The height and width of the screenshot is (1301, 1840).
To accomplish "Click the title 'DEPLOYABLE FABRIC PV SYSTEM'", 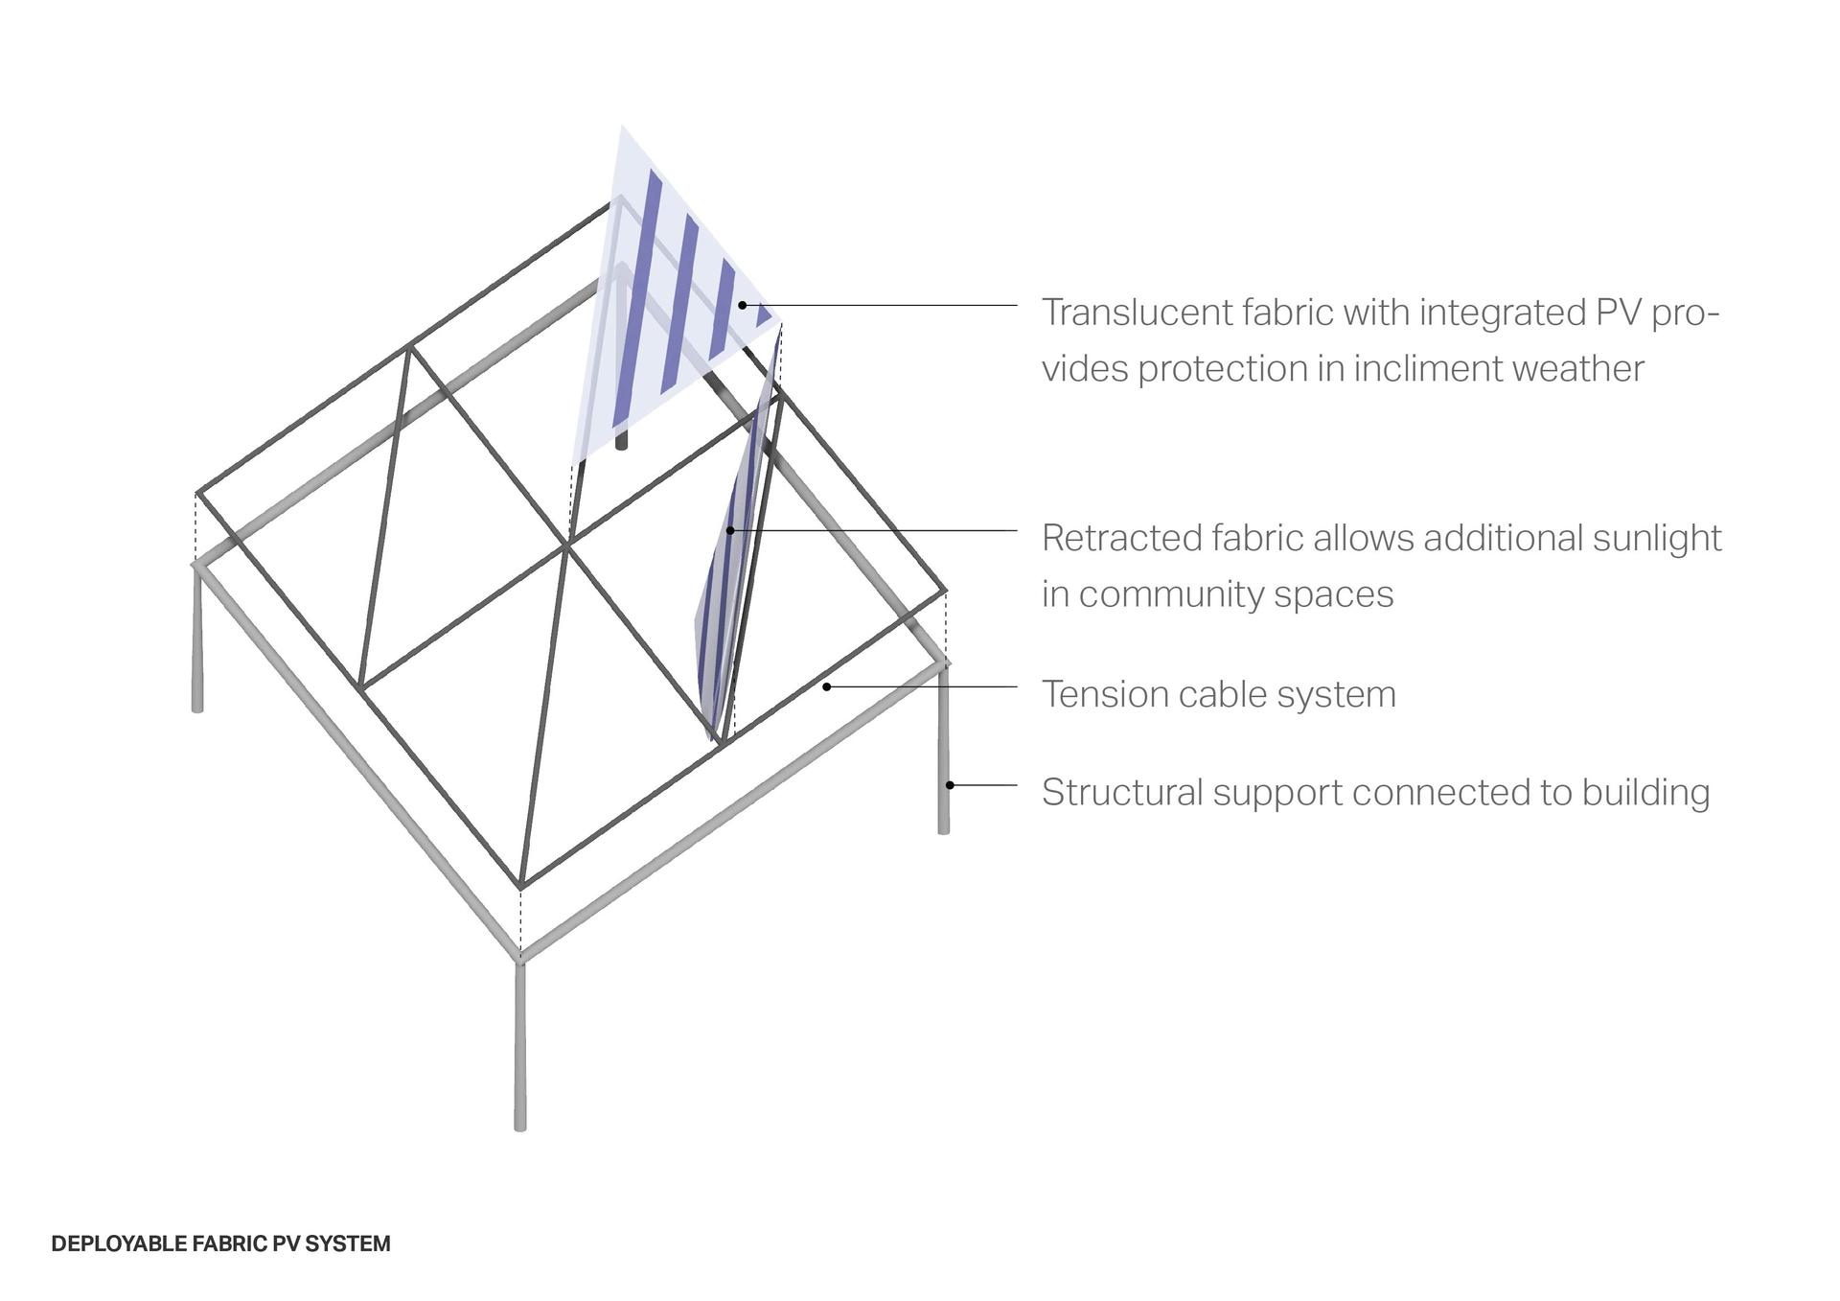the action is (220, 1243).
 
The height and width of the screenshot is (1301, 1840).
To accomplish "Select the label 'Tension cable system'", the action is (1219, 694).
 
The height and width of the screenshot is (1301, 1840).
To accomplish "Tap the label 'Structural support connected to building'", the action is (1375, 792).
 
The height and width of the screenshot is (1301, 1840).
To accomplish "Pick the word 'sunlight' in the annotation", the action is (1657, 539).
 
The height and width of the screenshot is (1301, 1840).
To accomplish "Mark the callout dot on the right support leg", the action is (950, 785).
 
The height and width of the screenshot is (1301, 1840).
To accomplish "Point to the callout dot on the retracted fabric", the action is (730, 530).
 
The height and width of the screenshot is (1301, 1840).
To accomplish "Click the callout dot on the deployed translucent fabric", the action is (743, 305).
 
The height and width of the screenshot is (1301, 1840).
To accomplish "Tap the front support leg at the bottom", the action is (520, 1045).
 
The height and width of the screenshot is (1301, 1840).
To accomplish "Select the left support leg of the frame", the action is (197, 638).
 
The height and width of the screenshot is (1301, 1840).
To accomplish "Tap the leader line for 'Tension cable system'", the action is (922, 687).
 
